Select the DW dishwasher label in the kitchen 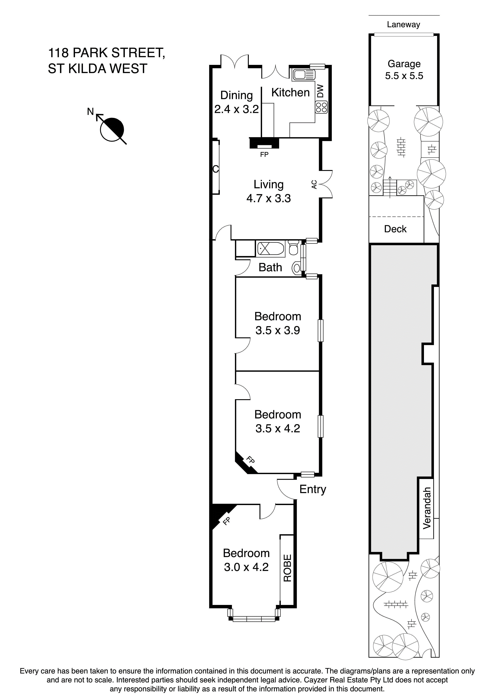click(x=320, y=91)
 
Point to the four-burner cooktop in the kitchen click(x=321, y=107)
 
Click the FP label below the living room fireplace click(x=264, y=155)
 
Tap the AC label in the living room click(x=314, y=184)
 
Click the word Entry click(x=312, y=489)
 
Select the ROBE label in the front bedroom click(x=287, y=568)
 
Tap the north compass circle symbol click(x=112, y=129)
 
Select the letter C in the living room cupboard click(x=215, y=169)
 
